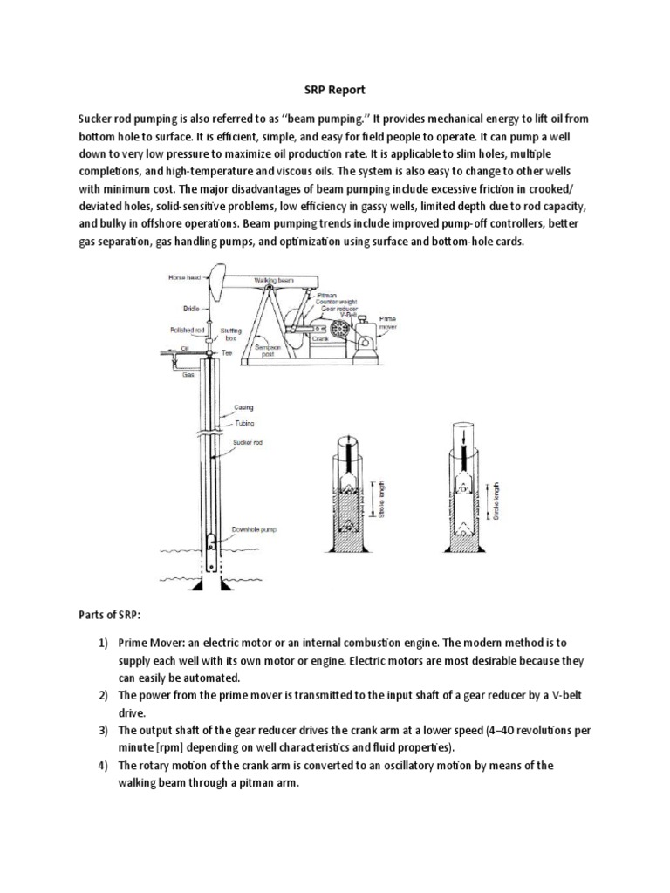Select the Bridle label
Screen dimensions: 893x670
click(x=191, y=308)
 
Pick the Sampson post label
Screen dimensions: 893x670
click(x=269, y=350)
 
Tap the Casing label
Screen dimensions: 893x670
click(x=244, y=406)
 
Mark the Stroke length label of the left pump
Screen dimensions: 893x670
click(x=378, y=498)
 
